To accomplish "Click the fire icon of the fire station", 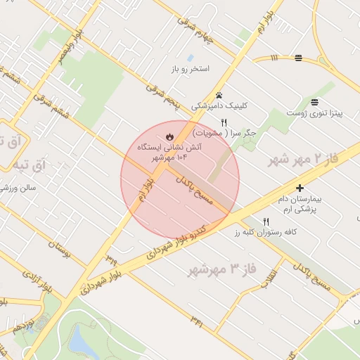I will [169, 136].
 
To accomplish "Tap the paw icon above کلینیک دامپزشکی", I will [219, 94].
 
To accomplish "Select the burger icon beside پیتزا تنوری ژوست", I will [313, 101].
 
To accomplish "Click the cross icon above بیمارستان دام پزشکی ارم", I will [300, 188].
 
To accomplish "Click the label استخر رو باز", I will [188, 70].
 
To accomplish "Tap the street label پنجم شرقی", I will [164, 97].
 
